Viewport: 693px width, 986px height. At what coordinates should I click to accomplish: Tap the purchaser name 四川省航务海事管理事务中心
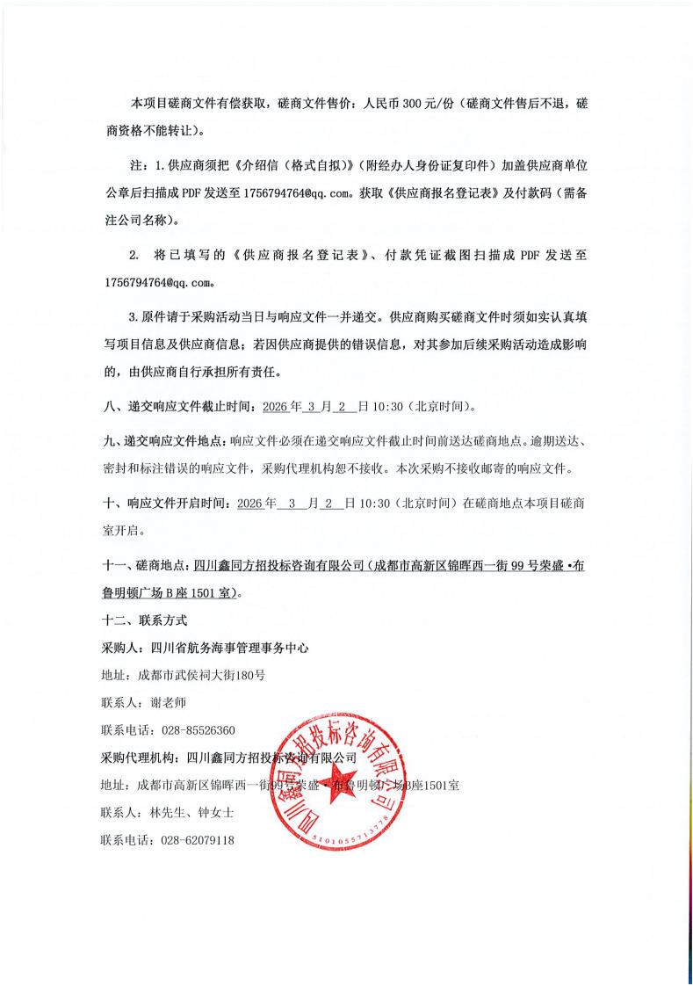click(229, 648)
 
